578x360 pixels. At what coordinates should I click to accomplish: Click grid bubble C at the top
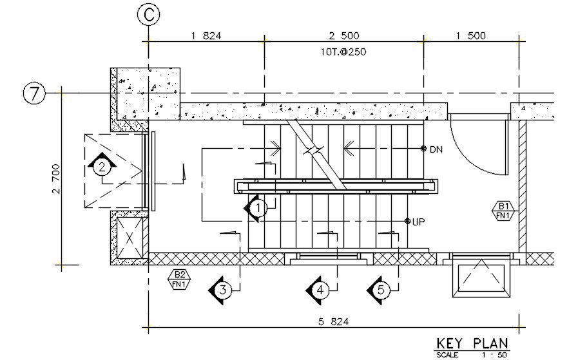click(x=149, y=15)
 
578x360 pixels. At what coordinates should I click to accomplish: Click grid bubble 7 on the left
click(x=34, y=94)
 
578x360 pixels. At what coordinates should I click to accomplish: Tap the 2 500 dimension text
click(x=344, y=36)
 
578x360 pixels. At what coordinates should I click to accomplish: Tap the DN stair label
click(x=436, y=149)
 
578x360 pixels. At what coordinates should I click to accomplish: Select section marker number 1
click(x=257, y=208)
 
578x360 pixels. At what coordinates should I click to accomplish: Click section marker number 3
click(x=222, y=290)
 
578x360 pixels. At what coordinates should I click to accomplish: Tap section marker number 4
click(x=320, y=290)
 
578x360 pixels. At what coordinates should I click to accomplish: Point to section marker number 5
click(x=380, y=290)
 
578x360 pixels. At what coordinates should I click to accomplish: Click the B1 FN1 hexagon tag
click(x=503, y=211)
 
